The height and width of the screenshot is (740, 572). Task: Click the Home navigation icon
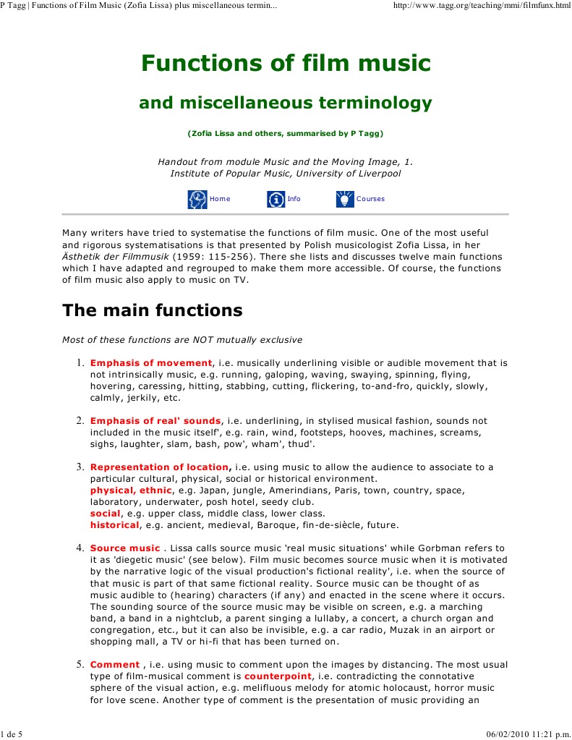point(197,199)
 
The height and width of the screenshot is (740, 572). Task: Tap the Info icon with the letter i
point(276,199)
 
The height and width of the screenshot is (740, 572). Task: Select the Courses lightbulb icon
point(345,199)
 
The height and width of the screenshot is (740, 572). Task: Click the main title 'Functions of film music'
point(286,64)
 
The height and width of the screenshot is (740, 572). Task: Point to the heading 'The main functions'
point(152,310)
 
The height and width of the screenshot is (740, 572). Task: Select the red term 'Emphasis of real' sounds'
point(155,420)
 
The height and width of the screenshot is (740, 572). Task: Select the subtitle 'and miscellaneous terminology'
point(286,103)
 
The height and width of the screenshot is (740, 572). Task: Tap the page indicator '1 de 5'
point(12,734)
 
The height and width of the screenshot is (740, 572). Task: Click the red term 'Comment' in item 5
point(114,664)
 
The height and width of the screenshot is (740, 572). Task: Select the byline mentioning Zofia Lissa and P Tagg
point(286,134)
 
